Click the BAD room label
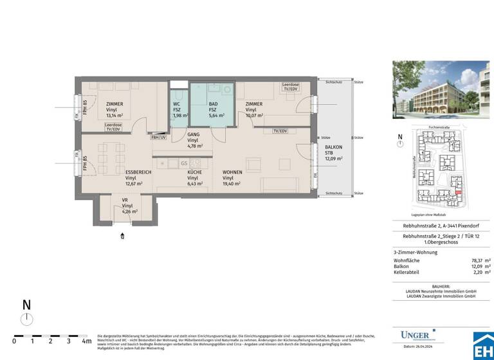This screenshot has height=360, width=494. (212, 104)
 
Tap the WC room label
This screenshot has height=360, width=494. (177, 104)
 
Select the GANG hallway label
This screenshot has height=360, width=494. (192, 134)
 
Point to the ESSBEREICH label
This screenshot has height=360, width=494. (138, 172)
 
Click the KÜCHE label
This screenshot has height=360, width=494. (194, 172)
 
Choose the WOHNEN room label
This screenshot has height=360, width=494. (232, 172)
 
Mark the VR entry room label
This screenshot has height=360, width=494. (125, 200)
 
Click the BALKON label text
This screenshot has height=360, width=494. (333, 147)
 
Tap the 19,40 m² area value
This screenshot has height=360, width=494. (232, 183)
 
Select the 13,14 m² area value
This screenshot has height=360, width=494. (114, 115)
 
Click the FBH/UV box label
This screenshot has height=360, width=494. (158, 137)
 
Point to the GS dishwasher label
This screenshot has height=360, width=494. (183, 163)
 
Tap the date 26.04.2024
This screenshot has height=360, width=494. (425, 347)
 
